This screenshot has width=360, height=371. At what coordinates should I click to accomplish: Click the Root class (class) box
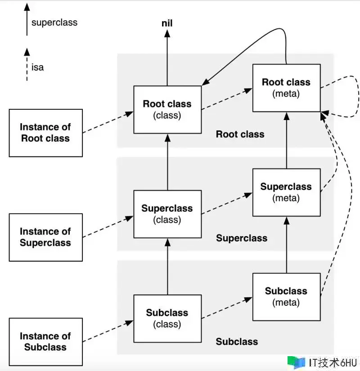pyautogui.click(x=167, y=109)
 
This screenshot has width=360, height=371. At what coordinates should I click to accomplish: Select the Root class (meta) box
pyautogui.click(x=286, y=88)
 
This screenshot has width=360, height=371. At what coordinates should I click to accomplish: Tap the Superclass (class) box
pyautogui.click(x=167, y=214)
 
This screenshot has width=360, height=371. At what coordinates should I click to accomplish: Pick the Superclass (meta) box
pyautogui.click(x=286, y=192)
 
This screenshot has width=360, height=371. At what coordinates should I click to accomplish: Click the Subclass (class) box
pyautogui.click(x=167, y=318)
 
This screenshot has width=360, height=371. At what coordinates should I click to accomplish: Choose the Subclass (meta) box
pyautogui.click(x=286, y=296)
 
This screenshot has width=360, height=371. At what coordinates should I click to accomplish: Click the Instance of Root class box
pyautogui.click(x=45, y=133)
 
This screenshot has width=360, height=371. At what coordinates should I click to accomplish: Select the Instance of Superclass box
pyautogui.click(x=45, y=237)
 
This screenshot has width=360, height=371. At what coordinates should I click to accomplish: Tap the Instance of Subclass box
pyautogui.click(x=45, y=341)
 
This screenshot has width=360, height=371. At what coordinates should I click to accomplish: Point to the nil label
pyautogui.click(x=167, y=23)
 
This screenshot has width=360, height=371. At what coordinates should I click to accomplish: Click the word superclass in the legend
pyautogui.click(x=54, y=22)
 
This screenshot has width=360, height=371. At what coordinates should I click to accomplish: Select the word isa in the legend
pyautogui.click(x=38, y=68)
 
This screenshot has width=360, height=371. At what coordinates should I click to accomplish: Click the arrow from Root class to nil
pyautogui.click(x=167, y=58)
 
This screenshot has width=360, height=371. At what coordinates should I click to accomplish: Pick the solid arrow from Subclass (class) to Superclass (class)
pyautogui.click(x=167, y=268)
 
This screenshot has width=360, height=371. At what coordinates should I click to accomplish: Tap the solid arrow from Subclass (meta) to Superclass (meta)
pyautogui.click(x=286, y=245)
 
